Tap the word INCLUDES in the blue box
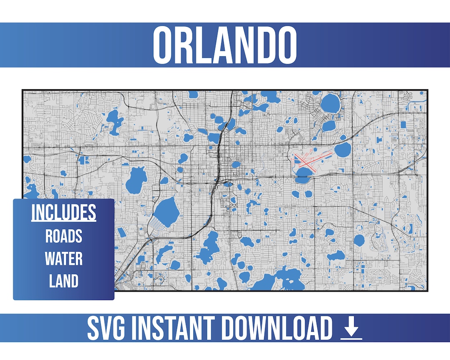tap(64, 212)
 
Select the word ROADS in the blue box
tap(64, 236)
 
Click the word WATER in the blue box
tap(64, 259)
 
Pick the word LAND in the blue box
tap(64, 281)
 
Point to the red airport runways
tap(310, 160)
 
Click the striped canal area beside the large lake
tap(156, 225)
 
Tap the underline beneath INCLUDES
tap(64, 221)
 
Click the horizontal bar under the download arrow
tap(351, 338)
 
